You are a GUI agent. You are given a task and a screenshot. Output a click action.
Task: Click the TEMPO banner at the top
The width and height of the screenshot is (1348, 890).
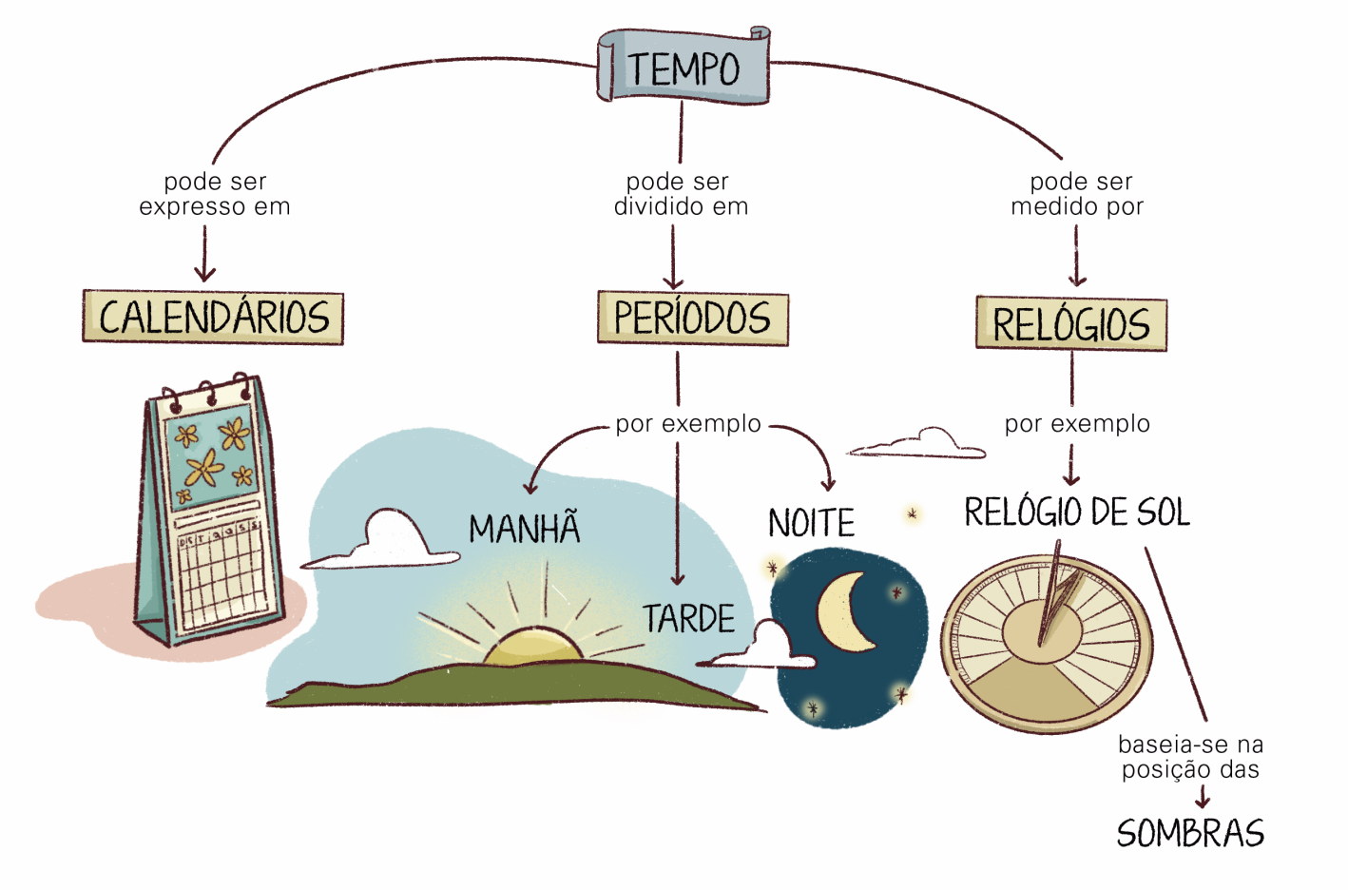point(683,67)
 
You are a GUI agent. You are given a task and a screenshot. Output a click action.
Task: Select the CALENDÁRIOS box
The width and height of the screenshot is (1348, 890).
point(213,317)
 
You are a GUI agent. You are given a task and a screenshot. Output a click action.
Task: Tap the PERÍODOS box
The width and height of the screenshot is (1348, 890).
point(692,318)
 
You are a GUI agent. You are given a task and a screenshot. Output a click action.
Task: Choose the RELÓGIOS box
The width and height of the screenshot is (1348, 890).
point(1070,323)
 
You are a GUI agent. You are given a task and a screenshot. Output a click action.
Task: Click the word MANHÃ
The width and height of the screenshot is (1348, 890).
point(524,529)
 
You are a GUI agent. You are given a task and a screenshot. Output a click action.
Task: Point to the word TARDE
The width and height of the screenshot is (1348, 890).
point(688,619)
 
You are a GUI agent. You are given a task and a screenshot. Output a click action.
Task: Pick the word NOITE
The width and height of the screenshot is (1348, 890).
point(811,523)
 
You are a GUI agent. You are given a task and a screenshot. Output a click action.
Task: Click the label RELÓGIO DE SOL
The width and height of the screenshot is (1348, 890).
point(1076,513)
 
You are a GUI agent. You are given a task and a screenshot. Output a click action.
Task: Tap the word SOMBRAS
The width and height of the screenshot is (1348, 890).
point(1190,834)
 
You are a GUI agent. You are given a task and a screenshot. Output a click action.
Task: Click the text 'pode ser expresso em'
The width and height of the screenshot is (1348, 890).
point(215,194)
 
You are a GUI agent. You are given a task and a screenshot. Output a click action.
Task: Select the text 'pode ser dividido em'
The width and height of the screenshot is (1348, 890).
point(681,194)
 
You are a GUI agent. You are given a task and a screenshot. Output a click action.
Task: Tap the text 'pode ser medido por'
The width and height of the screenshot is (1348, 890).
point(1078,194)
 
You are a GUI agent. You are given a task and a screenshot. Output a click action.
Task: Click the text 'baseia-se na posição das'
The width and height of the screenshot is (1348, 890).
point(1190,757)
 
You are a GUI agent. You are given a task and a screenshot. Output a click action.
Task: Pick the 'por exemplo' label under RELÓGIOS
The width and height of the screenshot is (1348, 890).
point(1077,423)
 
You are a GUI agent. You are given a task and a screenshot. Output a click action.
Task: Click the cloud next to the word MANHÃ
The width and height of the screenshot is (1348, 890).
point(385,542)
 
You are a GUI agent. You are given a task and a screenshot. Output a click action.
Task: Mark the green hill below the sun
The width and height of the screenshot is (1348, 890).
point(513,687)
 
